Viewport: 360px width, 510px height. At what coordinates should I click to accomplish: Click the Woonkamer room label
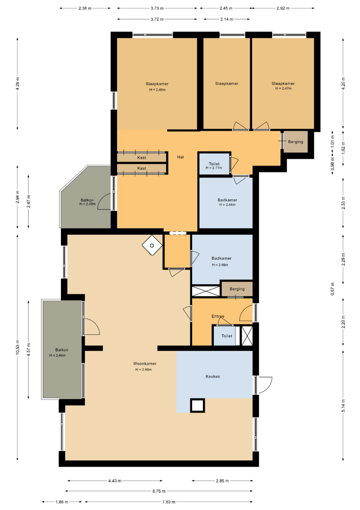[144, 364]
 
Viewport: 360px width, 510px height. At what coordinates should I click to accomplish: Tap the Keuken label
[213, 376]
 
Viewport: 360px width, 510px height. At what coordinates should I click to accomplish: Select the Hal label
[180, 157]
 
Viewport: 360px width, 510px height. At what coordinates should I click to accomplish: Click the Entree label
[218, 316]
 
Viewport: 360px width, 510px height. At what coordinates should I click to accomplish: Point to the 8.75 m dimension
[159, 491]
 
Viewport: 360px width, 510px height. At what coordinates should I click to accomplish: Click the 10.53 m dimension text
[17, 347]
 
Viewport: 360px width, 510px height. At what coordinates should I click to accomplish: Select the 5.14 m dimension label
[343, 406]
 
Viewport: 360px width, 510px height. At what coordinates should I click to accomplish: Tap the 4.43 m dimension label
[115, 481]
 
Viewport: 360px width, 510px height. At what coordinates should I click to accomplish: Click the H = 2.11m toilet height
[214, 168]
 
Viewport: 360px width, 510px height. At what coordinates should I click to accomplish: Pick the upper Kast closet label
[142, 158]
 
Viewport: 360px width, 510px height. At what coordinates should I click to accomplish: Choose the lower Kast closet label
[142, 169]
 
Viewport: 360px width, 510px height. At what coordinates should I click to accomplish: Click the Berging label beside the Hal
[296, 142]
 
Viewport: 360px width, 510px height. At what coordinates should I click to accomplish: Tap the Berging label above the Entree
[237, 289]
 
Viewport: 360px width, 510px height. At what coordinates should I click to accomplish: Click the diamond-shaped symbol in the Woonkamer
[152, 246]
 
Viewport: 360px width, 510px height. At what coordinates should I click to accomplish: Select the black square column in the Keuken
[197, 406]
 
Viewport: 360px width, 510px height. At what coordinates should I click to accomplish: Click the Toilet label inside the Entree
[227, 336]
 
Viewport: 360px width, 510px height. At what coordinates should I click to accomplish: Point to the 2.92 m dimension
[283, 8]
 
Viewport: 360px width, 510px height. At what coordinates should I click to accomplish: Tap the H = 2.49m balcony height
[87, 204]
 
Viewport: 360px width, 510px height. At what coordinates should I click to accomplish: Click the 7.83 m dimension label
[169, 502]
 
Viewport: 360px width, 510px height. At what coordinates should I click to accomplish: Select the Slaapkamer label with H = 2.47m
[283, 84]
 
